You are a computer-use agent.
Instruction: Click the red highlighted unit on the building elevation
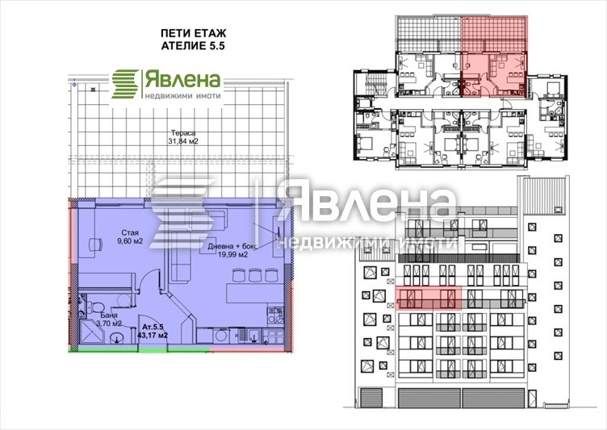coord(428,298)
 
